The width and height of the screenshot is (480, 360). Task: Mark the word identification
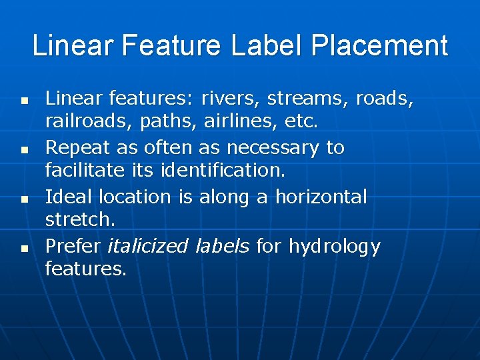[x=223, y=171]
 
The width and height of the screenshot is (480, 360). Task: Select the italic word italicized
[x=148, y=246]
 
